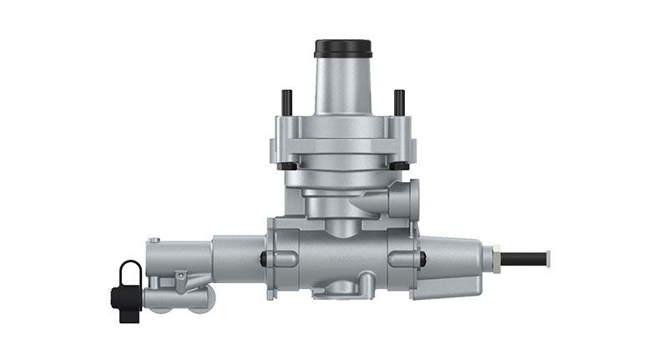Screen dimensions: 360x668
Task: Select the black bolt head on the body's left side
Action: (x=265, y=257)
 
